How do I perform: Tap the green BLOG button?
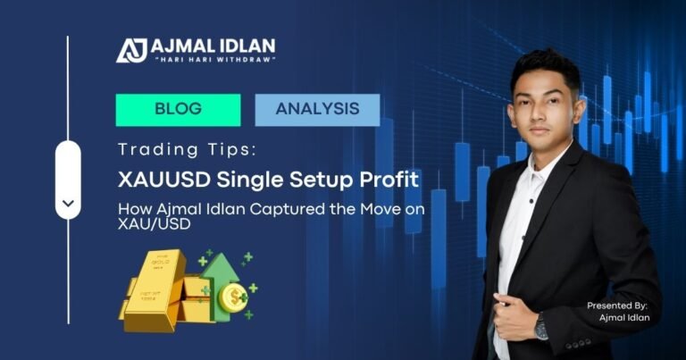(x=178, y=110)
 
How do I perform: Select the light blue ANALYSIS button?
(x=317, y=110)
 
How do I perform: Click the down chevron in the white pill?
(x=68, y=203)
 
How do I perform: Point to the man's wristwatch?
(x=541, y=328)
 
